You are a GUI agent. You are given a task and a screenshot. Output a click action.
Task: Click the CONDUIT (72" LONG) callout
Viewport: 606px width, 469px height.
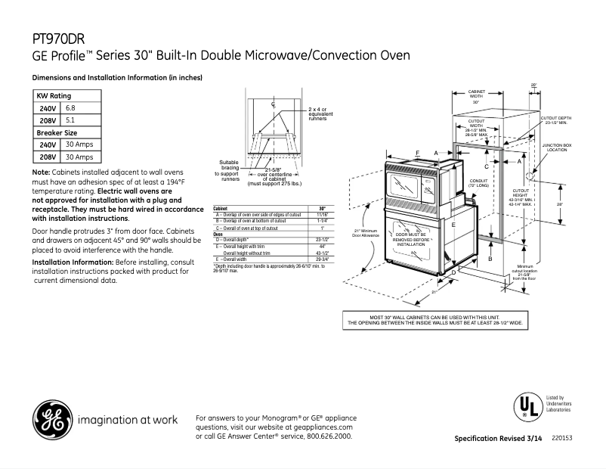click(x=479, y=182)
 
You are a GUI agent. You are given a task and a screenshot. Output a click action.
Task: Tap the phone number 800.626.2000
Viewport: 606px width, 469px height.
click(x=327, y=436)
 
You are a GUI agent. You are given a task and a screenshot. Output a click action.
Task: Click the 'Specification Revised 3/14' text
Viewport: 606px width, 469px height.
click(x=498, y=439)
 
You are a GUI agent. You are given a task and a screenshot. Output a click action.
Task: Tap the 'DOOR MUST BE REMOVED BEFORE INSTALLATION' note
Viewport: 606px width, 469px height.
click(x=411, y=240)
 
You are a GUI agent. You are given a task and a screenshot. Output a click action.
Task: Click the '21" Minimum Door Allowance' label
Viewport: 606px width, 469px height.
click(x=365, y=233)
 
